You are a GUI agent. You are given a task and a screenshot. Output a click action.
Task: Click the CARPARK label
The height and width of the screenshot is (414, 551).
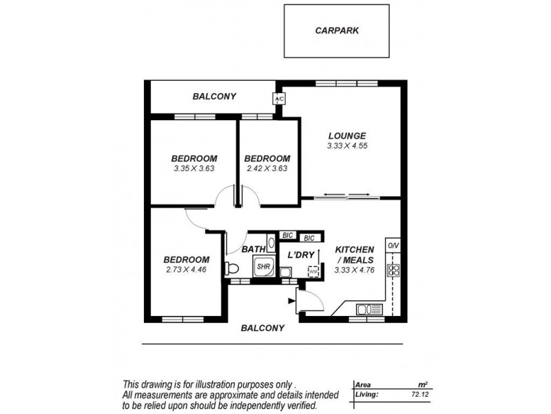(x=337, y=30)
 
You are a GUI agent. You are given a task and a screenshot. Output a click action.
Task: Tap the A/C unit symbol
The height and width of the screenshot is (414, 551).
(x=280, y=99)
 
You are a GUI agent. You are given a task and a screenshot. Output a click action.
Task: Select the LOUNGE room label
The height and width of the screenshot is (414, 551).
(x=347, y=135)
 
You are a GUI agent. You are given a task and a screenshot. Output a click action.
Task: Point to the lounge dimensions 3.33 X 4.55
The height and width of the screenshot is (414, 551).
(x=347, y=146)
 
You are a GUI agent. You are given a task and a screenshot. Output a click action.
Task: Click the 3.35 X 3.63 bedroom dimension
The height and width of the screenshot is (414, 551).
(x=194, y=168)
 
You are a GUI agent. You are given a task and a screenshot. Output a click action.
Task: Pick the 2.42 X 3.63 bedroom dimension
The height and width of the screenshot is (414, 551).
(x=267, y=168)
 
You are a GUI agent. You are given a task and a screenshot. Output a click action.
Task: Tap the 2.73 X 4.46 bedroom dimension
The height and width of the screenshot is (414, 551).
(x=186, y=270)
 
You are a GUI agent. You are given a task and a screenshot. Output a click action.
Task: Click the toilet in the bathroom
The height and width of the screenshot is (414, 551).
(x=231, y=268)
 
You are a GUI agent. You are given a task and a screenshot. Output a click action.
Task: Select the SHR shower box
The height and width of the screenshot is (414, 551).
(x=264, y=267)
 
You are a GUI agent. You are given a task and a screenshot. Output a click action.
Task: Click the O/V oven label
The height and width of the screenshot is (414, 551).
(x=393, y=246)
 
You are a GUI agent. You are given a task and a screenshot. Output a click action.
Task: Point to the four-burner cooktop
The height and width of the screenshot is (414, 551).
(x=393, y=270)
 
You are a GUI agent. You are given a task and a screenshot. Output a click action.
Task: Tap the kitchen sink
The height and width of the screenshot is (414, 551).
(x=370, y=309)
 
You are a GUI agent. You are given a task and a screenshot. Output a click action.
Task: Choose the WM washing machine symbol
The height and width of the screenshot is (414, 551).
(x=313, y=272)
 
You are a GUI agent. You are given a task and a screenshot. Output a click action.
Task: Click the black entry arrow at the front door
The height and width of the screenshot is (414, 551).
(x=291, y=301)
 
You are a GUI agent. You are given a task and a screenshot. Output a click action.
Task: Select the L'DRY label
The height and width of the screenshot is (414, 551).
(x=301, y=255)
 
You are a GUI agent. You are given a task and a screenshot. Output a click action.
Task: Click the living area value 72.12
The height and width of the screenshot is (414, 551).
(x=420, y=395)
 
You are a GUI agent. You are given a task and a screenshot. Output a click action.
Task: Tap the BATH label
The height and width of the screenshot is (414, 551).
(x=253, y=249)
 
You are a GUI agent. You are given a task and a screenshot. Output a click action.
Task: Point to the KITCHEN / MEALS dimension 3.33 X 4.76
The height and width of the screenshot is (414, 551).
(x=354, y=270)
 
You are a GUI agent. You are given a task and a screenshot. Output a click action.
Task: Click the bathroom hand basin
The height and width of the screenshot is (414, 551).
(x=271, y=243)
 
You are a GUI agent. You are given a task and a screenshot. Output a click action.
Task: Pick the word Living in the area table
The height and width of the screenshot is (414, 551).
(x=366, y=395)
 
